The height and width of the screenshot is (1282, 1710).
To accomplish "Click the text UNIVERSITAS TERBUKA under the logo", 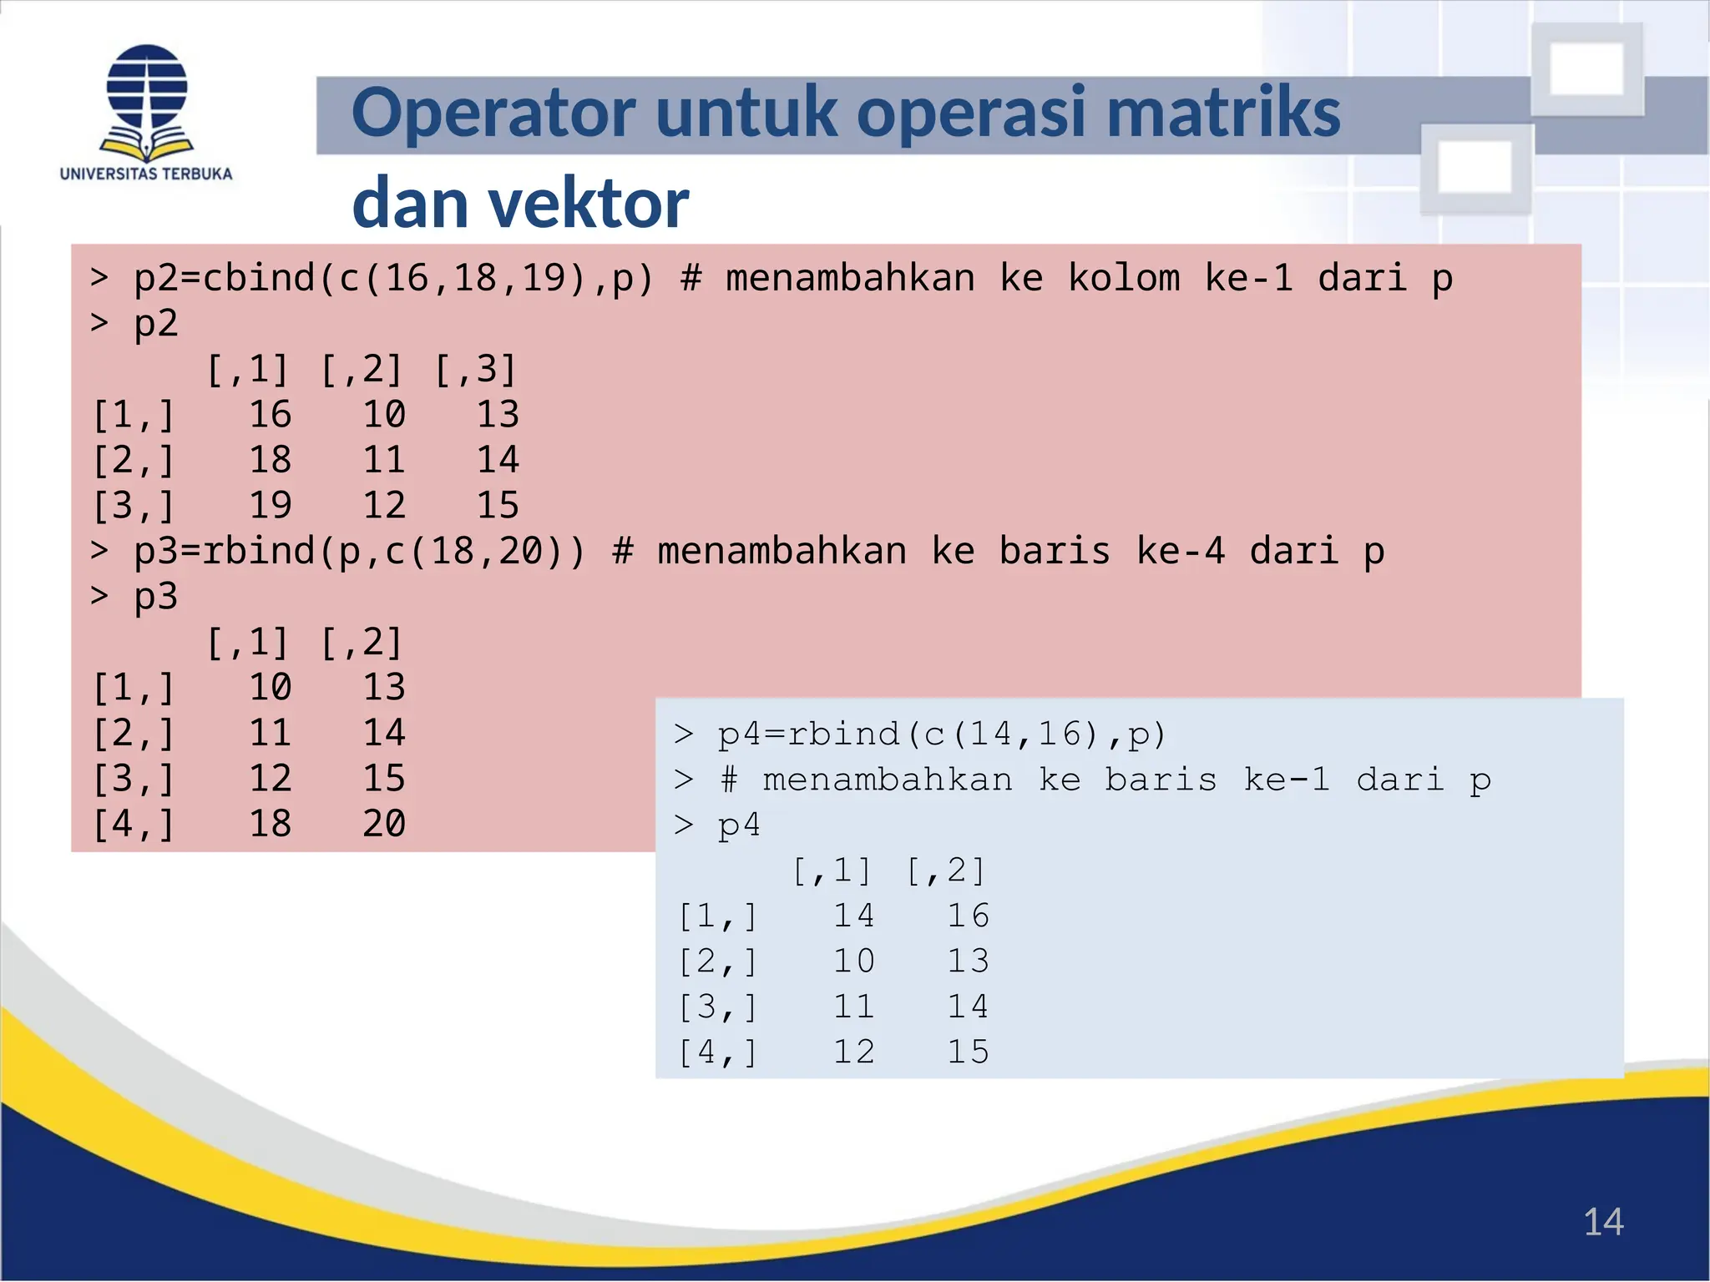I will (x=146, y=174).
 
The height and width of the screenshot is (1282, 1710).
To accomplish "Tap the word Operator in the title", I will (x=493, y=113).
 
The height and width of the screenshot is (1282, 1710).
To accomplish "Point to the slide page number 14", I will (x=1603, y=1223).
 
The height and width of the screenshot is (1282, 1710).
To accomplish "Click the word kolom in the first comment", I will (x=1124, y=278).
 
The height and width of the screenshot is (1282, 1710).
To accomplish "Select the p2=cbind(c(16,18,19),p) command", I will (x=393, y=278).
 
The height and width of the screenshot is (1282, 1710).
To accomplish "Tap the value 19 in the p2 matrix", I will (x=271, y=505).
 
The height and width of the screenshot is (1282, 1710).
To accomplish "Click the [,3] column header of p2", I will (x=476, y=370).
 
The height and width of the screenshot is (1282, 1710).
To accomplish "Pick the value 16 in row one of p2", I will (x=271, y=415).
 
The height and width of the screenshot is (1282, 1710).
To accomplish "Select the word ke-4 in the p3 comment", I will (x=1180, y=551).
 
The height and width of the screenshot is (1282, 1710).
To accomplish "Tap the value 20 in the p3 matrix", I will (x=384, y=824).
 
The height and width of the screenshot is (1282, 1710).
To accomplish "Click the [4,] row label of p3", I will (x=134, y=824).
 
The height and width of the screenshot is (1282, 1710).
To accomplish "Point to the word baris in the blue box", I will (x=1161, y=780).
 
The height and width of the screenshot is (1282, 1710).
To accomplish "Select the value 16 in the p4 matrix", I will (x=968, y=916).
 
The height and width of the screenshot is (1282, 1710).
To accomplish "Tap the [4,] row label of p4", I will (x=718, y=1052).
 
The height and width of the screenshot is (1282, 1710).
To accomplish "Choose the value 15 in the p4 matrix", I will (x=968, y=1052).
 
